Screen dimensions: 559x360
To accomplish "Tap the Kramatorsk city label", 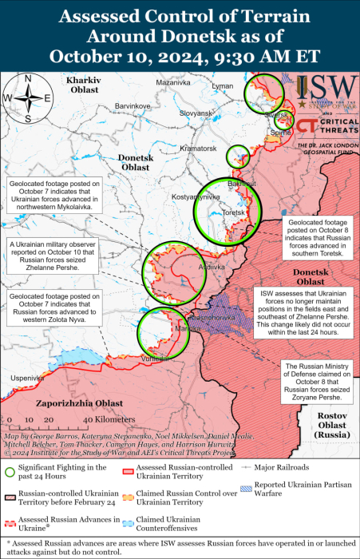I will [x=199, y=149].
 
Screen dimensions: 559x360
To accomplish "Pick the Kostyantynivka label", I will [x=194, y=196].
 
